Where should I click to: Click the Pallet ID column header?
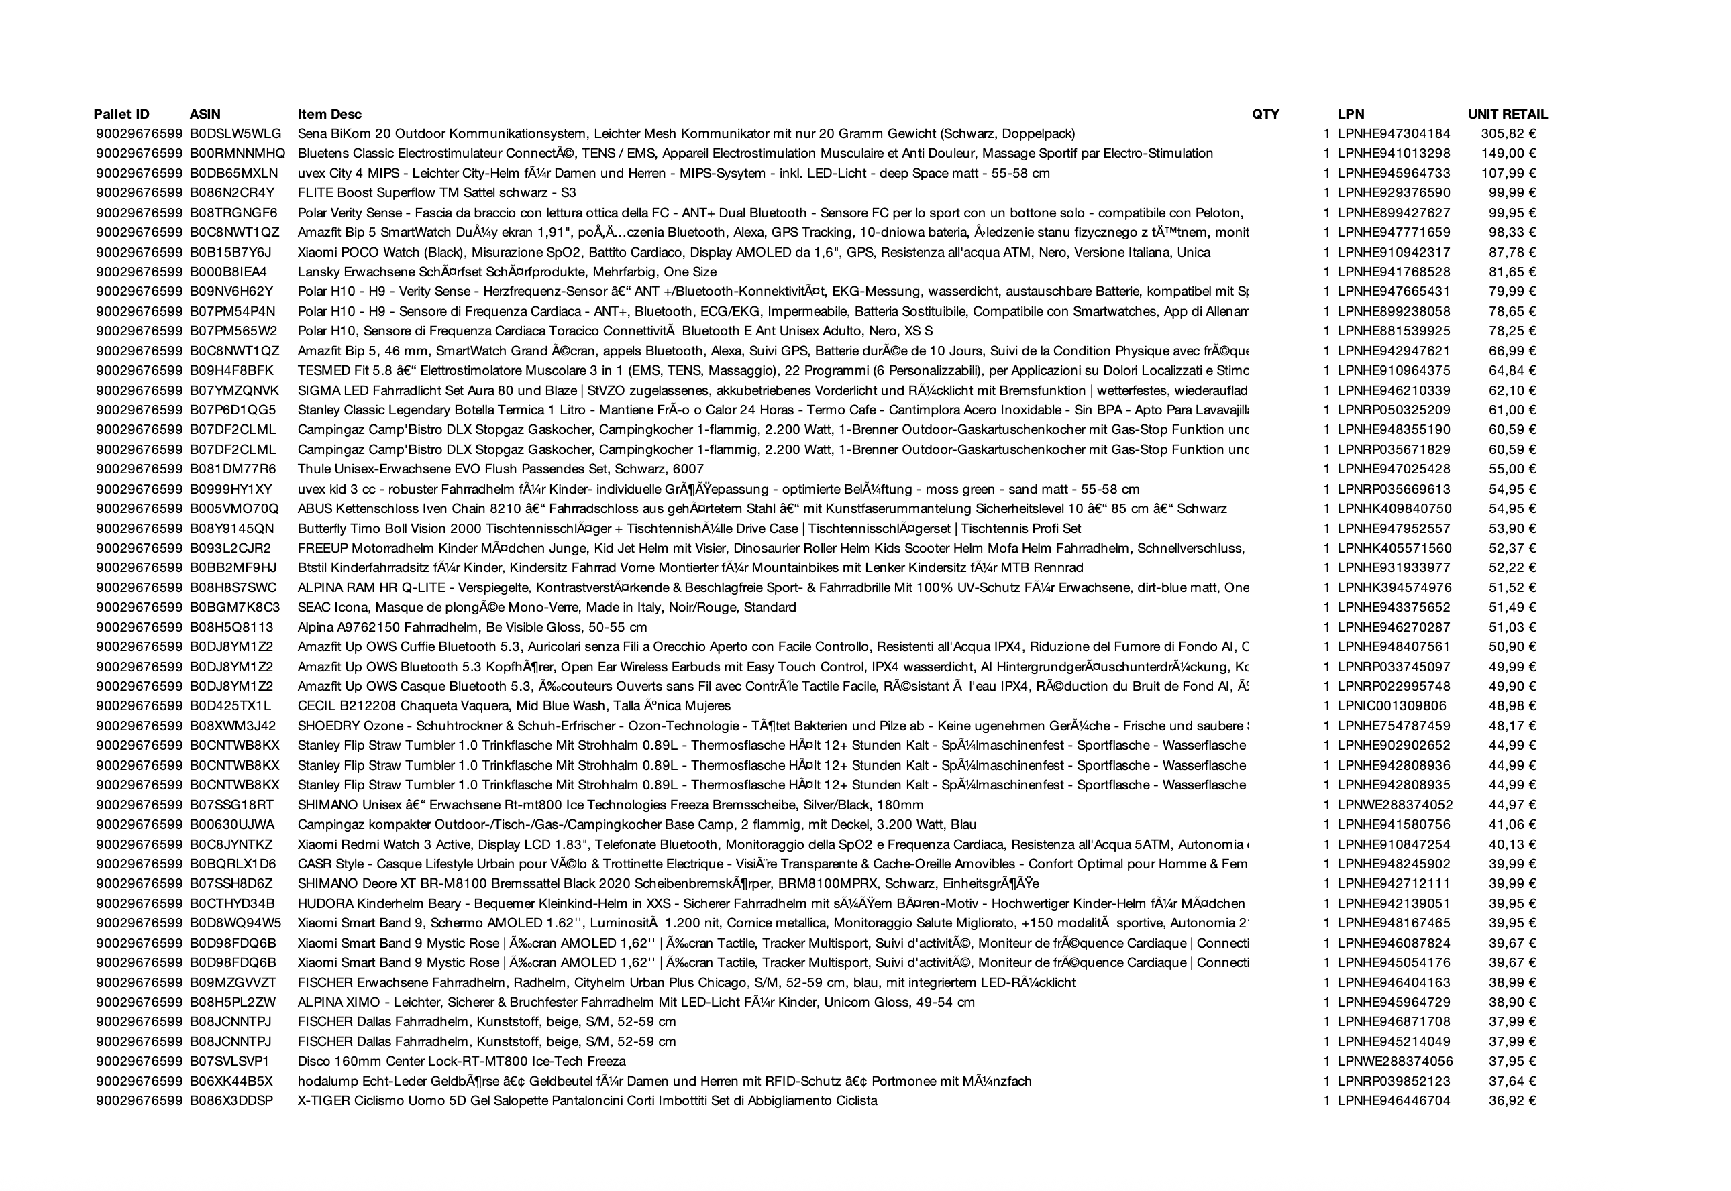pos(121,114)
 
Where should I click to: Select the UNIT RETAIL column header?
pos(1507,114)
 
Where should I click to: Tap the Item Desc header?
pos(329,114)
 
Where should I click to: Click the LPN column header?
pos(1351,114)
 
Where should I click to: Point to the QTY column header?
pos(1265,114)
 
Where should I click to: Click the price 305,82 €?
pos(1508,134)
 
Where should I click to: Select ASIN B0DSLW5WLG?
pos(235,134)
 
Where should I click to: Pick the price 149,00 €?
pos(1508,154)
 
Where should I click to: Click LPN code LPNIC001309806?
pos(1392,706)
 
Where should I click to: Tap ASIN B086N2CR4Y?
pos(232,193)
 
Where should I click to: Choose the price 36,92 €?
pos(1512,1100)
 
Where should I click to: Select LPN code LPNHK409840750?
pos(1394,509)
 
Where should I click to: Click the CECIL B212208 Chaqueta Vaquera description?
pos(513,706)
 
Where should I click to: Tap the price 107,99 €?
pos(1508,173)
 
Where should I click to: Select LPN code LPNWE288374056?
pos(1394,1061)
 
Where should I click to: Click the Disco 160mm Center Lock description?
pos(462,1061)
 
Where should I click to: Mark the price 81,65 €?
pos(1512,272)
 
